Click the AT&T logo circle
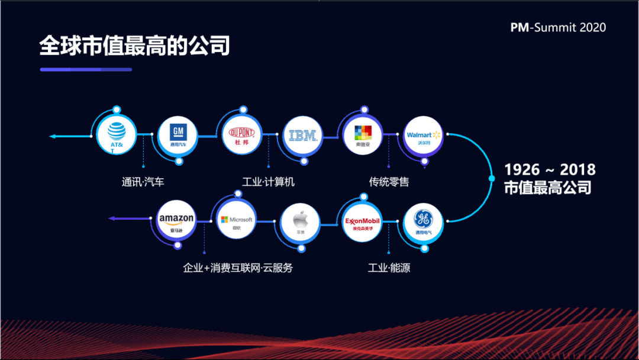pos(116,136)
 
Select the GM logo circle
pos(178,136)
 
